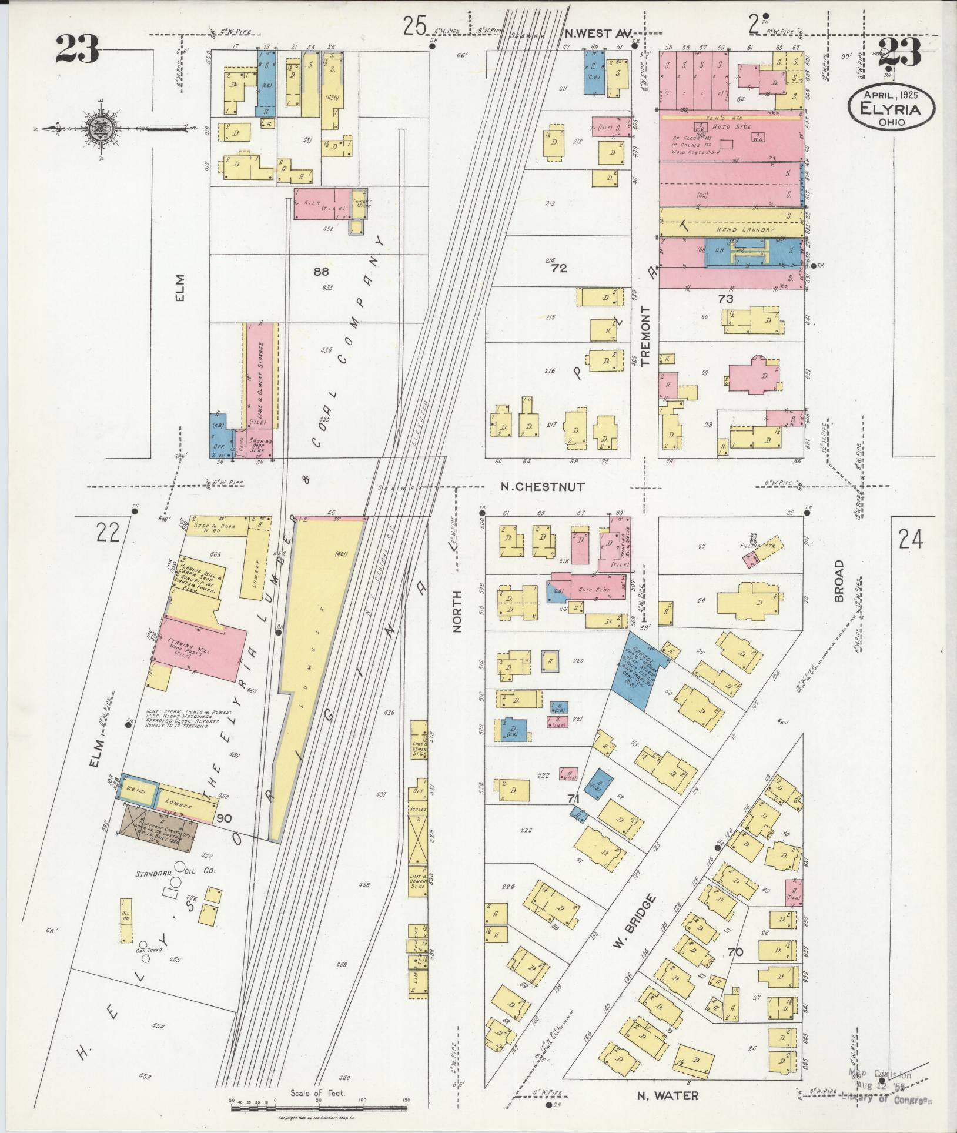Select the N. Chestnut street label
pyautogui.click(x=542, y=487)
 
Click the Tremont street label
pyautogui.click(x=647, y=336)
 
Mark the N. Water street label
pyautogui.click(x=668, y=1095)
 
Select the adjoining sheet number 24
pyautogui.click(x=910, y=539)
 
